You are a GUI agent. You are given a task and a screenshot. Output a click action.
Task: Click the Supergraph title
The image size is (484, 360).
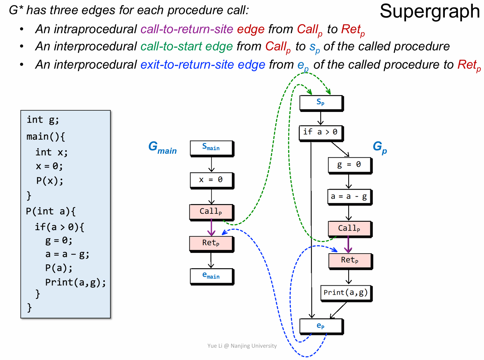coord(430,11)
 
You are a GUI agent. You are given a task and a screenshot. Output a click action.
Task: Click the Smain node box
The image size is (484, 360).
coord(211,148)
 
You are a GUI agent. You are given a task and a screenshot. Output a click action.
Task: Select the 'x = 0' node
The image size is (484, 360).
coord(211,180)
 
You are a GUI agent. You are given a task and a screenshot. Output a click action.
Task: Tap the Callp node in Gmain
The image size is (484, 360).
coord(211,212)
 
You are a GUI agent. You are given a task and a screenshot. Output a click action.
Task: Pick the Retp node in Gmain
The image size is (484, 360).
coord(211,243)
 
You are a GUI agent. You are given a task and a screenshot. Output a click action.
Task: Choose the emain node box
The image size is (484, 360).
coord(211,276)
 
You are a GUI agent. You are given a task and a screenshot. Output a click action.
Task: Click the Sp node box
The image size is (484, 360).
coord(321,103)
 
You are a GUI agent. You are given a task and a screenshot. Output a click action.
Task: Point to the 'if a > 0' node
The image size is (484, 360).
coord(321,132)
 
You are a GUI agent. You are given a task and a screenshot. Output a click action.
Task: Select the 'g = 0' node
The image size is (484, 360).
coord(349,165)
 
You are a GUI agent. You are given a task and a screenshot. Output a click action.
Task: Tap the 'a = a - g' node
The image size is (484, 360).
coord(349,197)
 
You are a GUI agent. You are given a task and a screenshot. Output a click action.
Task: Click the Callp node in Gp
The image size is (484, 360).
coord(349,228)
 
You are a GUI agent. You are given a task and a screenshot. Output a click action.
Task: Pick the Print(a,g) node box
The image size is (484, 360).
coord(346,293)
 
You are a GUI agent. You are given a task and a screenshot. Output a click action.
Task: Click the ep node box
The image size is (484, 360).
coord(321,326)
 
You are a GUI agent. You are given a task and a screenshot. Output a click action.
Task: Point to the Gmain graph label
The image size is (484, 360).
coord(163,147)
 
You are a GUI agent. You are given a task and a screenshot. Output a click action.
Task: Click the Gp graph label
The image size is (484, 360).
coord(380,147)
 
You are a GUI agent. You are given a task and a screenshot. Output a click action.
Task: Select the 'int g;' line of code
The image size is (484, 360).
coord(43,120)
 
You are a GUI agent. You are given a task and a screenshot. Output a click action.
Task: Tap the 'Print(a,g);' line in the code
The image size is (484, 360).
coord(75,282)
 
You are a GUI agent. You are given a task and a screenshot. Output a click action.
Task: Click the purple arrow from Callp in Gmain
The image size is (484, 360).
coord(211,227)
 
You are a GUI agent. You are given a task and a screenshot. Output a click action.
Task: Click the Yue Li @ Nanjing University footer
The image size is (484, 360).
coord(242,346)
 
